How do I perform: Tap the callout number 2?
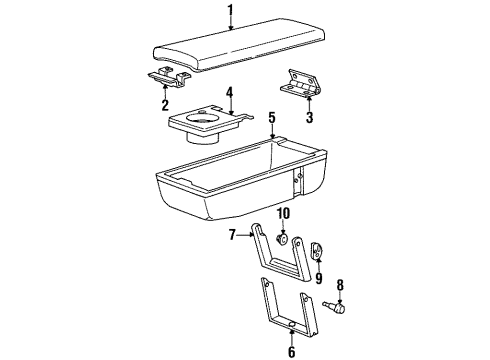[165, 104]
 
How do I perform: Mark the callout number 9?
[318, 278]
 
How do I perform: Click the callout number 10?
[283, 215]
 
